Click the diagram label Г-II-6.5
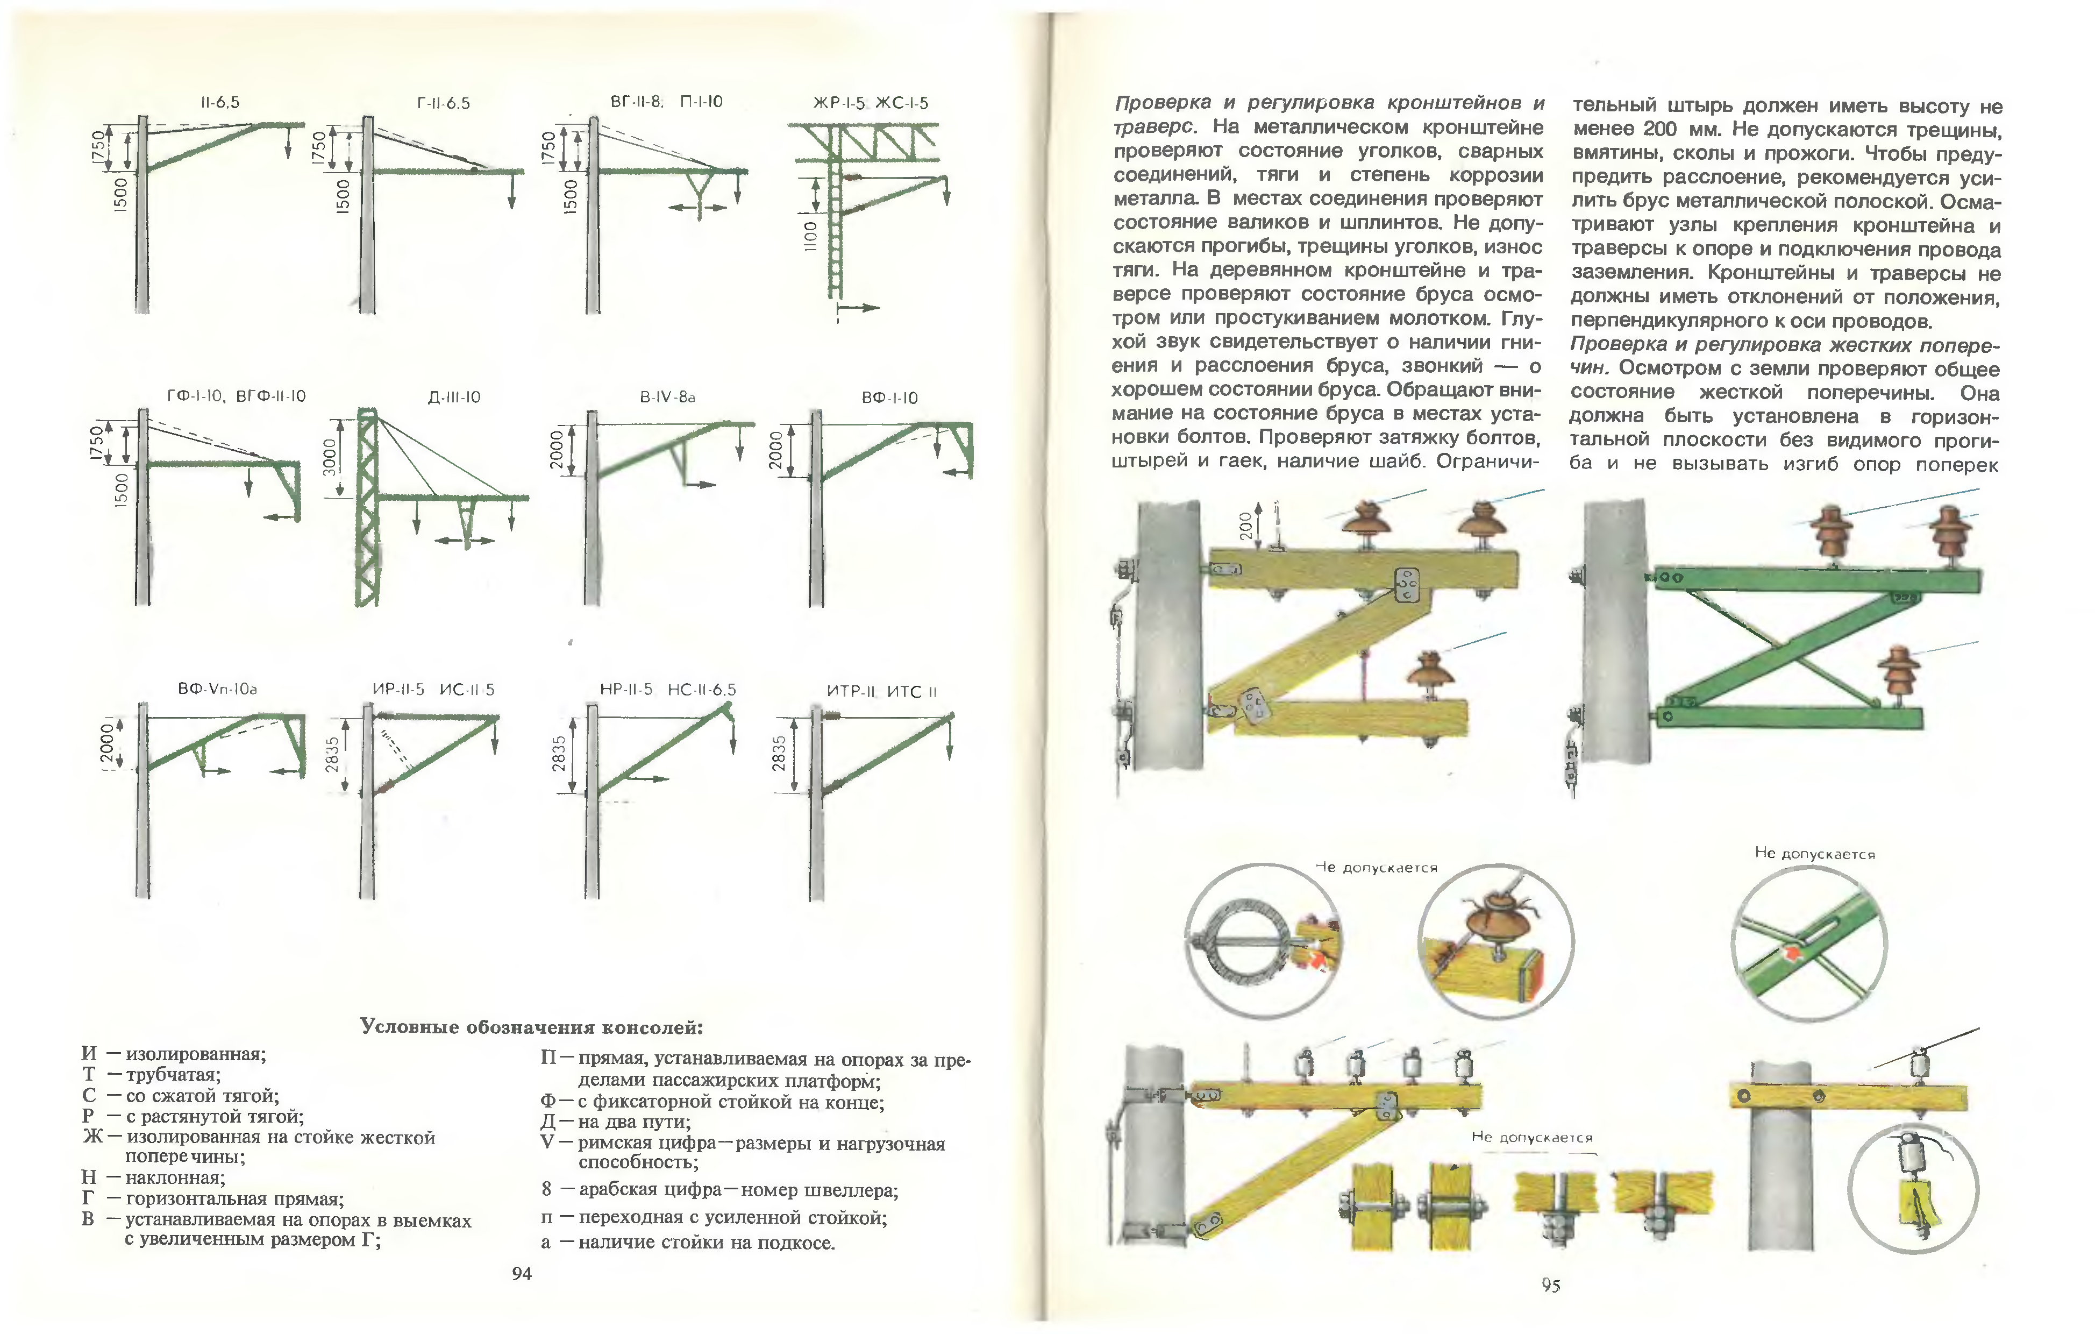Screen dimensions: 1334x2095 point(443,104)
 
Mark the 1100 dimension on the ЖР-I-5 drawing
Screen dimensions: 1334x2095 point(810,236)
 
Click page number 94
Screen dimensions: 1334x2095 point(521,1274)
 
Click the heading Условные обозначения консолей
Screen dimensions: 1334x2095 point(532,1027)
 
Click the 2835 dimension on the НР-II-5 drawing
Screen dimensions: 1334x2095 point(559,754)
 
